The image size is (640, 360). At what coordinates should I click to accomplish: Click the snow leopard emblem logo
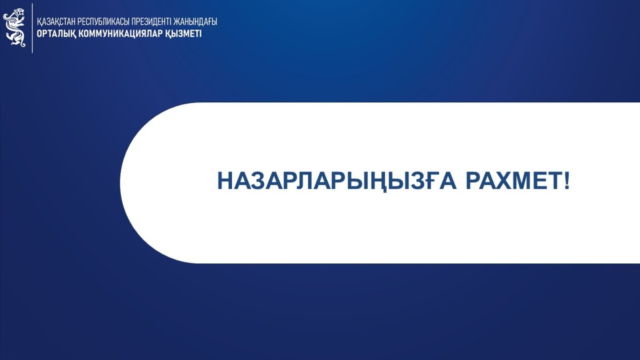pos(14,27)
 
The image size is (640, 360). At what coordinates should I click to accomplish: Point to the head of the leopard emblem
pos(19,13)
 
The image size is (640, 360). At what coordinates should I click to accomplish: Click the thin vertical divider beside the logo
pos(33,28)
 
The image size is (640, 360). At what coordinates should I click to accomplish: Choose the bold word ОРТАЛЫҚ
pos(57,34)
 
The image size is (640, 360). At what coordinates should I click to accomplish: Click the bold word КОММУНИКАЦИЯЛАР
pos(121,34)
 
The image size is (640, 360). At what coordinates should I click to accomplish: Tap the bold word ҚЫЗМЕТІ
pos(183,34)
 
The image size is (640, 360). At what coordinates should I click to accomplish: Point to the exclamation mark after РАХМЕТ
pos(566,181)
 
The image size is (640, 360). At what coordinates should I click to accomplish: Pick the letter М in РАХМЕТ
pos(523,181)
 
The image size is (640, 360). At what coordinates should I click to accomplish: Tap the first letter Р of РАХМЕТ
pos(474,181)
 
